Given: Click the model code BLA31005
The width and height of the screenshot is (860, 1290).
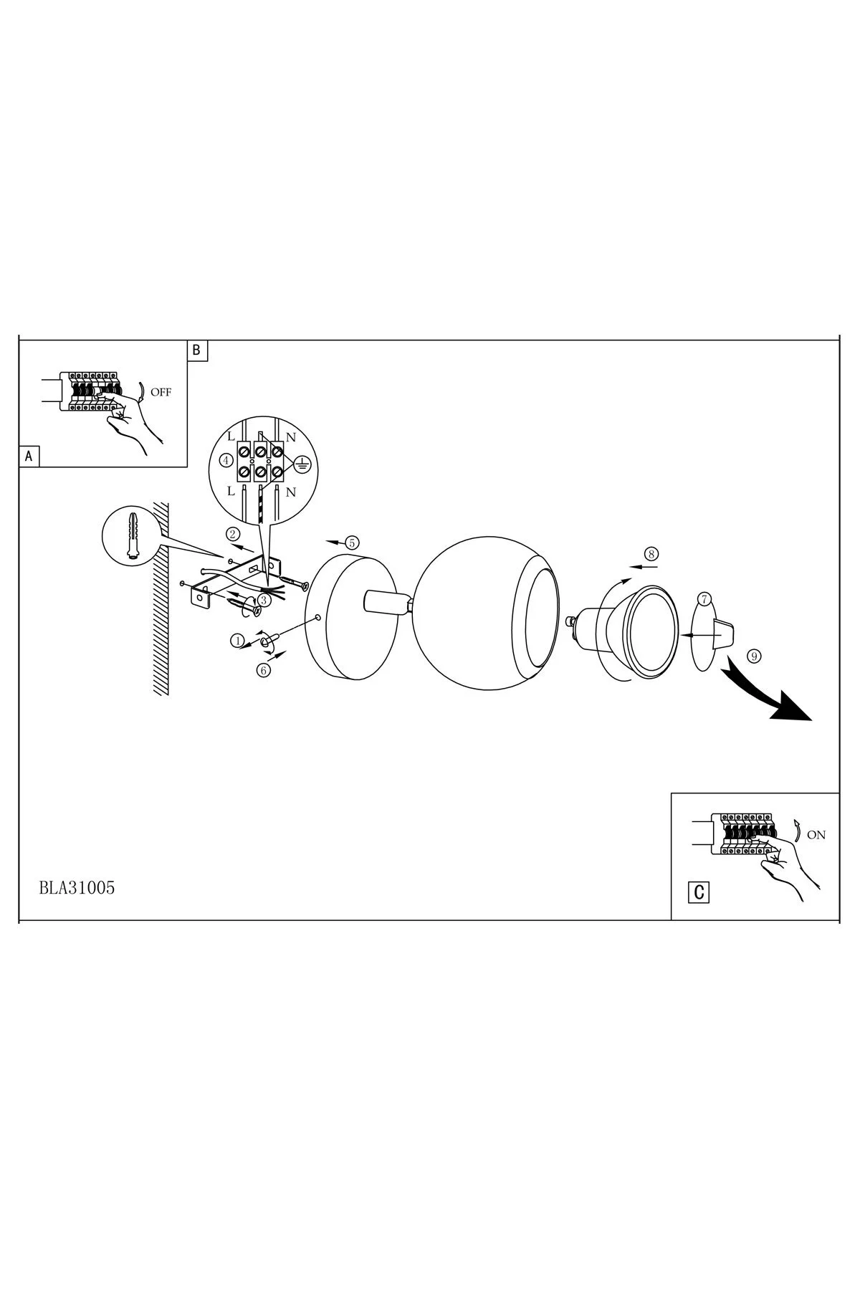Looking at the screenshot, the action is tap(77, 887).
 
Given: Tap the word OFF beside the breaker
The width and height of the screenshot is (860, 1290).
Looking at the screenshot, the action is tap(161, 392).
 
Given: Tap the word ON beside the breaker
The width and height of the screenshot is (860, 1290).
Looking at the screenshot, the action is tap(816, 835).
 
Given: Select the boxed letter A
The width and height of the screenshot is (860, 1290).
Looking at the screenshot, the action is tap(29, 456).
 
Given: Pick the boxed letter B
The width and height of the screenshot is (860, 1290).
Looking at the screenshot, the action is tap(197, 350).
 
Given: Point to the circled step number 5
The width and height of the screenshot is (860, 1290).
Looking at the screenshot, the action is tap(351, 543).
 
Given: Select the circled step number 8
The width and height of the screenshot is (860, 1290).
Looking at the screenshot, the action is tap(651, 553).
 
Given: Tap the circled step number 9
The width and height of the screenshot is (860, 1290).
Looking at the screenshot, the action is tap(752, 655).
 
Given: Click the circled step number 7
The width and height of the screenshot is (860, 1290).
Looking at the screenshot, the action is tap(704, 598).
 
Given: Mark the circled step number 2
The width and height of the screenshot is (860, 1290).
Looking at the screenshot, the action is tap(232, 533).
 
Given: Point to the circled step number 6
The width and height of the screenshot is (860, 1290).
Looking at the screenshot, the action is tap(264, 671).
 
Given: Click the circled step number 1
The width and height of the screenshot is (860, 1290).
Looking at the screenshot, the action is tap(237, 640).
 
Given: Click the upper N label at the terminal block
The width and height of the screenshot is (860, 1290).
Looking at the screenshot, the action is tap(291, 437).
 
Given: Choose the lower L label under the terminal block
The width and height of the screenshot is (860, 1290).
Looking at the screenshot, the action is tap(231, 492).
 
